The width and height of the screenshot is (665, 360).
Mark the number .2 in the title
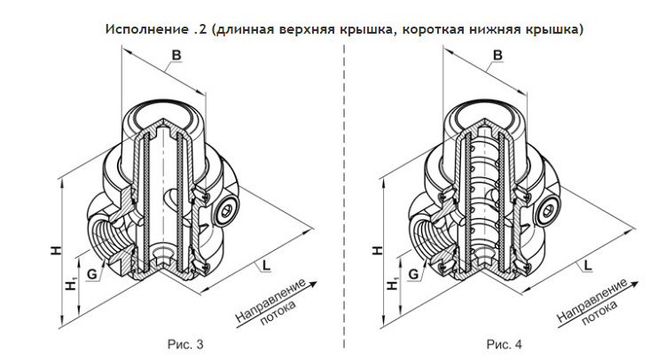point(195,29)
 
